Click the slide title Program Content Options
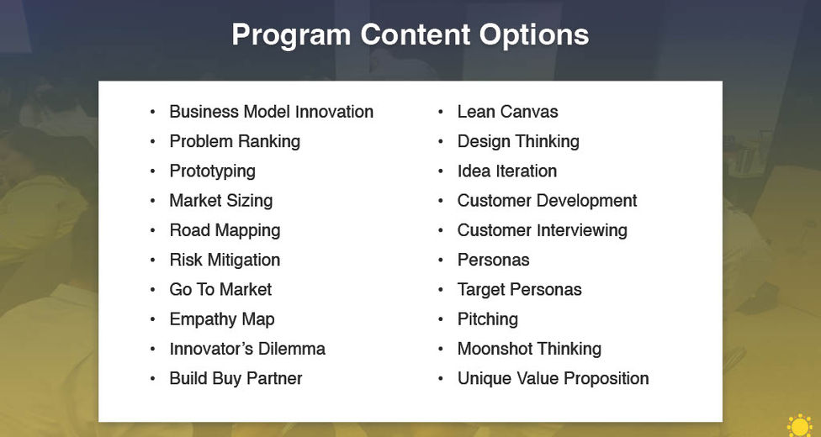pyautogui.click(x=410, y=35)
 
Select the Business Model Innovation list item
pyautogui.click(x=271, y=112)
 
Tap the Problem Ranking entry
pyautogui.click(x=235, y=142)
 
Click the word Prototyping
pyautogui.click(x=212, y=171)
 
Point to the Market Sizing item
pyautogui.click(x=221, y=201)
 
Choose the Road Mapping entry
pyautogui.click(x=225, y=231)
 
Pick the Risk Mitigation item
pyautogui.click(x=225, y=261)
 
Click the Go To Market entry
pyautogui.click(x=220, y=289)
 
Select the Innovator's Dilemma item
pyautogui.click(x=247, y=349)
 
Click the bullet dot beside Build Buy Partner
pyautogui.click(x=152, y=378)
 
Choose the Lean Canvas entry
pyautogui.click(x=507, y=112)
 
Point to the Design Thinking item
pyautogui.click(x=518, y=142)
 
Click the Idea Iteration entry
pyautogui.click(x=507, y=171)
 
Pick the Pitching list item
pyautogui.click(x=488, y=320)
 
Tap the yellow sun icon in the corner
pyautogui.click(x=800, y=425)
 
